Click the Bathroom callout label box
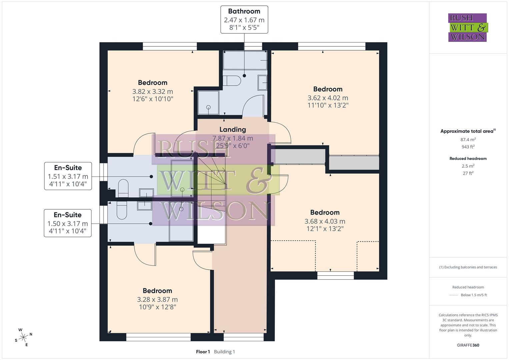click(244, 19)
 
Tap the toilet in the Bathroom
click(232, 81)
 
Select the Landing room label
click(233, 129)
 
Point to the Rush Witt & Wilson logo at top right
click(467, 27)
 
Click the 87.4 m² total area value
click(468, 140)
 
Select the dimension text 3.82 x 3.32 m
click(153, 91)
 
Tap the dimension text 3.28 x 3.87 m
click(157, 299)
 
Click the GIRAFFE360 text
click(468, 345)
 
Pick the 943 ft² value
click(468, 147)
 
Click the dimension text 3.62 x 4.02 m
click(328, 98)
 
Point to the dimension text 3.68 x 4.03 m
click(325, 221)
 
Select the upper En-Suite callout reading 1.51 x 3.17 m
click(68, 176)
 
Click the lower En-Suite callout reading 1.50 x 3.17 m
click(68, 223)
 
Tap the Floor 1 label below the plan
click(203, 352)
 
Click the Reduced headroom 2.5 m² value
click(468, 166)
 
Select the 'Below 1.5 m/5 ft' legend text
click(474, 295)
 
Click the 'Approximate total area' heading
click(467, 131)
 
